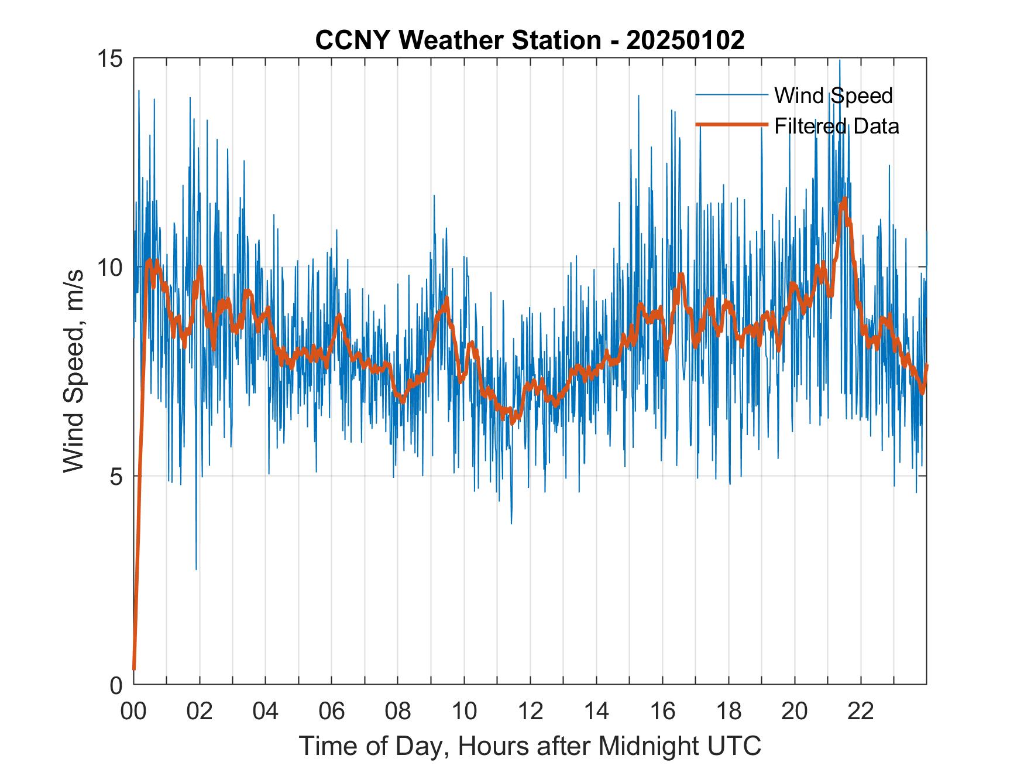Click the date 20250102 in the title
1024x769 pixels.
685,40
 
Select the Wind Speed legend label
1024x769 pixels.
833,95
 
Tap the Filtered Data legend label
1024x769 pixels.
836,126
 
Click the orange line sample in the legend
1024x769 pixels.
731,125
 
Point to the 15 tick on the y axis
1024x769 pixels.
109,59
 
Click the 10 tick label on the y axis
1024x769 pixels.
109,268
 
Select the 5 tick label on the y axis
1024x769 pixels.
116,476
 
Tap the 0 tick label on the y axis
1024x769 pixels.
116,685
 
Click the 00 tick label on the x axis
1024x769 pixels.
133,711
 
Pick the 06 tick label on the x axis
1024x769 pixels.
332,711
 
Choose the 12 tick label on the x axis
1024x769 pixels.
530,711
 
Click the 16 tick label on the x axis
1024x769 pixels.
662,711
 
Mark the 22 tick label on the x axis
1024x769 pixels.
861,711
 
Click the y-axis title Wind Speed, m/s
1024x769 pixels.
74,371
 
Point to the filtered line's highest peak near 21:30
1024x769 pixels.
844,199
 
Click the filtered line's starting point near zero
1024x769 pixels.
134,668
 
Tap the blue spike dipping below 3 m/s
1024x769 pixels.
196,567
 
